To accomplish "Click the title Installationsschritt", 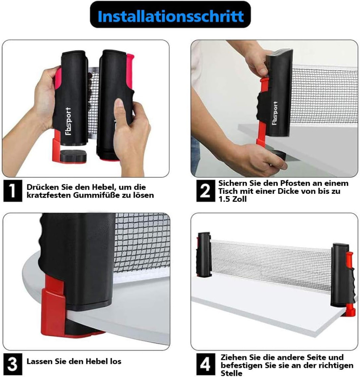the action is coord(171,16).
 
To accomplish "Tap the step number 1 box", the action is coord(13,191).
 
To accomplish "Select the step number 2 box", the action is coord(205,191).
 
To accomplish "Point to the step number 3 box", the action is coord(13,364).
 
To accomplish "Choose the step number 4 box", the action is coord(205,364).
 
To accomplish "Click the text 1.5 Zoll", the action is coord(232,199).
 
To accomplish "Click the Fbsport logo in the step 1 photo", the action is coord(69,121).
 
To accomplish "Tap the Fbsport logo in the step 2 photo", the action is coord(275,113).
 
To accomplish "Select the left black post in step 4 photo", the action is coord(204,254).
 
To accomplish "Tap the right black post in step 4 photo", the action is coord(340,275).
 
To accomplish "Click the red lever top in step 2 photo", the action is coord(264,82).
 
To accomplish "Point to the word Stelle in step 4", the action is coord(231,373).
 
